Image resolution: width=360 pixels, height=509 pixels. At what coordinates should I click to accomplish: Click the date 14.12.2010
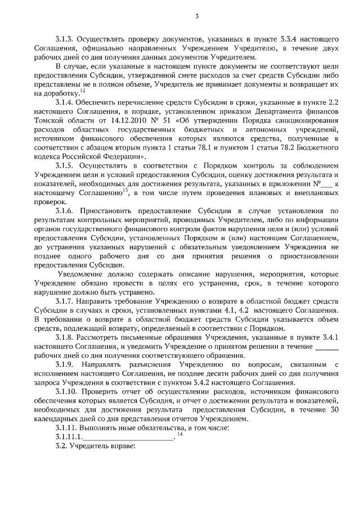[x=129, y=120]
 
